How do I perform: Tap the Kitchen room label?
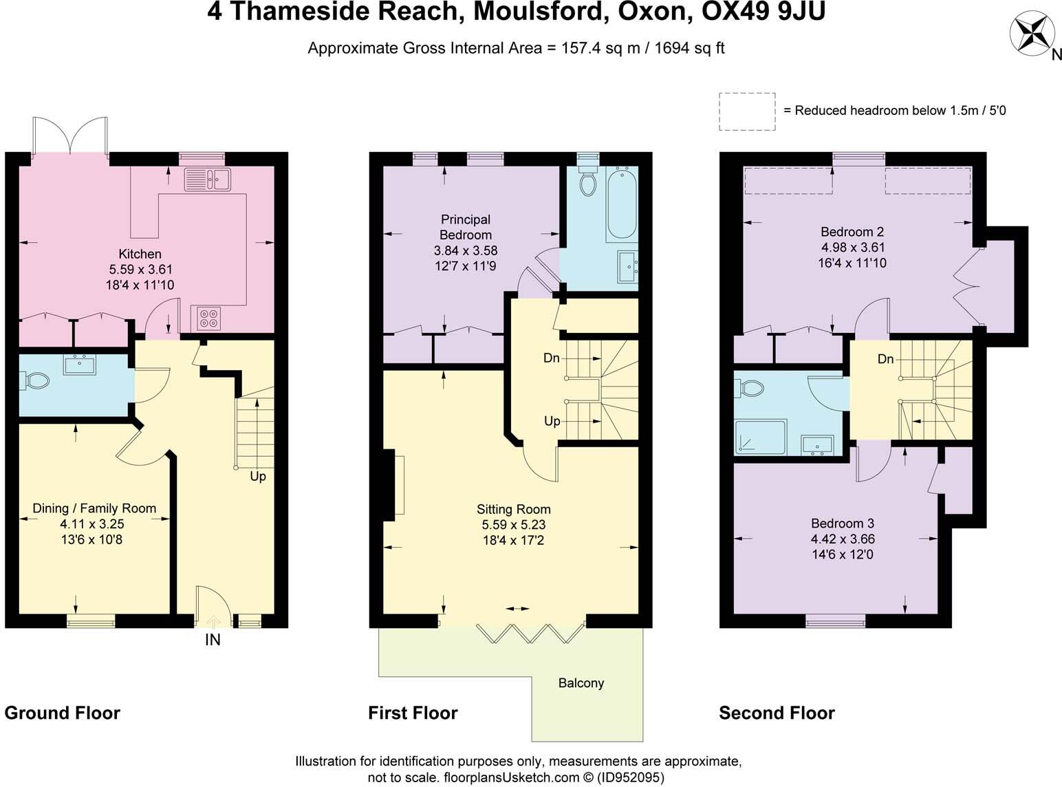point(140,254)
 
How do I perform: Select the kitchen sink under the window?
point(208,179)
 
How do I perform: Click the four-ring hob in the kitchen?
point(208,318)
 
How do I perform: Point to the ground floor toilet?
point(35,380)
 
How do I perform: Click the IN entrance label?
point(213,640)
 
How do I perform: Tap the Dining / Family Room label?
point(94,508)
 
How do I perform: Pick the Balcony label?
point(581,683)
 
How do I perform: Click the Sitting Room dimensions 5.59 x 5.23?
point(514,525)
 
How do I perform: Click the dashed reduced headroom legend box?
point(747,111)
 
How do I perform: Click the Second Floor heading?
point(777,713)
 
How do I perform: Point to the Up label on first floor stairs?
point(552,421)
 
